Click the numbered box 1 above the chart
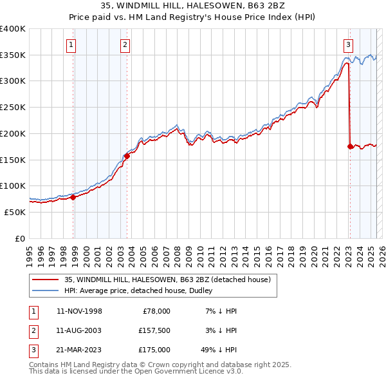(x=70, y=45)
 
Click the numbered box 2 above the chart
(x=124, y=45)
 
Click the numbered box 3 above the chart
(x=347, y=45)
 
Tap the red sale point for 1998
(x=73, y=198)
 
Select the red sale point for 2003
(x=127, y=155)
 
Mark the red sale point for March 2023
(x=350, y=146)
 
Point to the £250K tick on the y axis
(x=13, y=107)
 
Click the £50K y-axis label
(x=15, y=212)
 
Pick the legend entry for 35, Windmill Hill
(x=170, y=280)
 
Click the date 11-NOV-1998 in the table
(x=79, y=311)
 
